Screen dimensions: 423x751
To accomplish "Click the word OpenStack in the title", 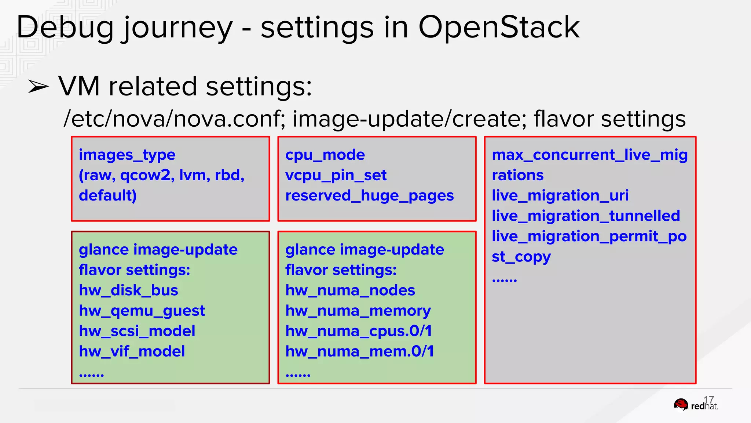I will (499, 27).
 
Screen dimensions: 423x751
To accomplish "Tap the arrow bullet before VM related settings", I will (38, 87).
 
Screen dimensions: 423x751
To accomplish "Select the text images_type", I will (127, 155).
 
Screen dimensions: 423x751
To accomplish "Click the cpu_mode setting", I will (325, 155).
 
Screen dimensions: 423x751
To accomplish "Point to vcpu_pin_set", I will (336, 175).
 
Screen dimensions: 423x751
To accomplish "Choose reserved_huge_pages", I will (369, 196).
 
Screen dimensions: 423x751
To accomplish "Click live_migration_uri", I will (560, 195).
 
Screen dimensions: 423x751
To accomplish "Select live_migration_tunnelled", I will (586, 216).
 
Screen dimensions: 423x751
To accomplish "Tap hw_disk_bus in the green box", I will (128, 290).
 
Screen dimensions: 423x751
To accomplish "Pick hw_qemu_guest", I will (142, 311).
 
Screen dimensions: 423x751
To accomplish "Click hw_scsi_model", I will (137, 331).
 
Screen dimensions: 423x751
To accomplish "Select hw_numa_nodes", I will (350, 290).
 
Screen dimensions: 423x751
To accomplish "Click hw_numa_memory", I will (358, 311).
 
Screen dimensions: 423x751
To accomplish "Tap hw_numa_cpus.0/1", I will (358, 331).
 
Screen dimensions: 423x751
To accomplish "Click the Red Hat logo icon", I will (681, 405).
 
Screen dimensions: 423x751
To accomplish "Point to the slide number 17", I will (708, 399).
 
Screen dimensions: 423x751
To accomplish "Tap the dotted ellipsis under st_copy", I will (504, 281).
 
